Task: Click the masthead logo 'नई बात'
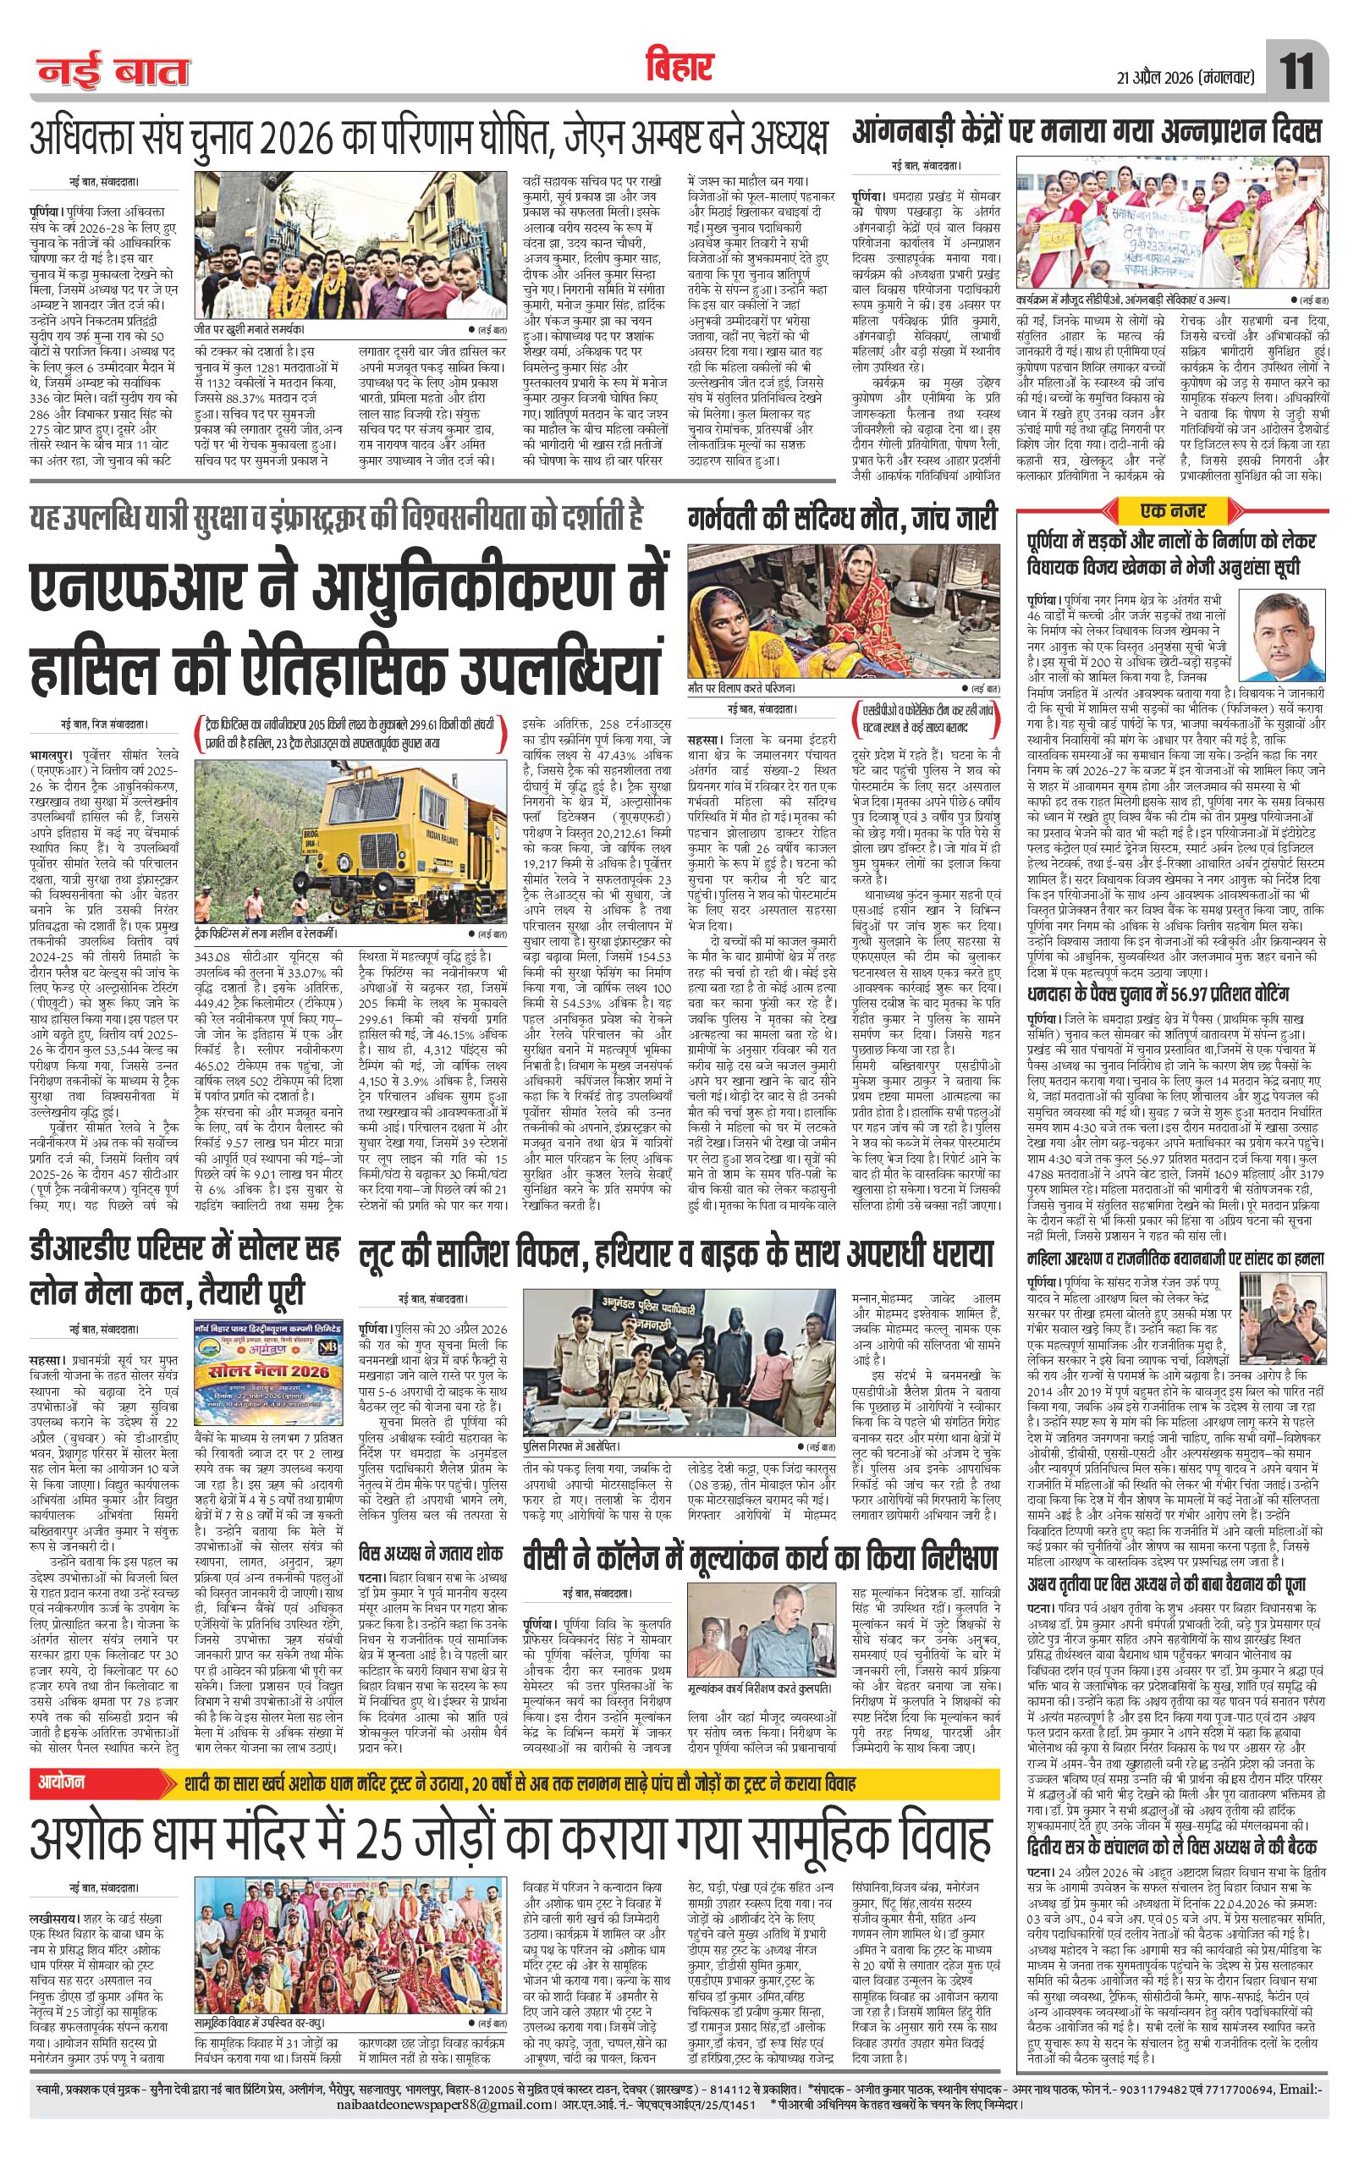point(111,73)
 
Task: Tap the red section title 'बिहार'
point(679,66)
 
